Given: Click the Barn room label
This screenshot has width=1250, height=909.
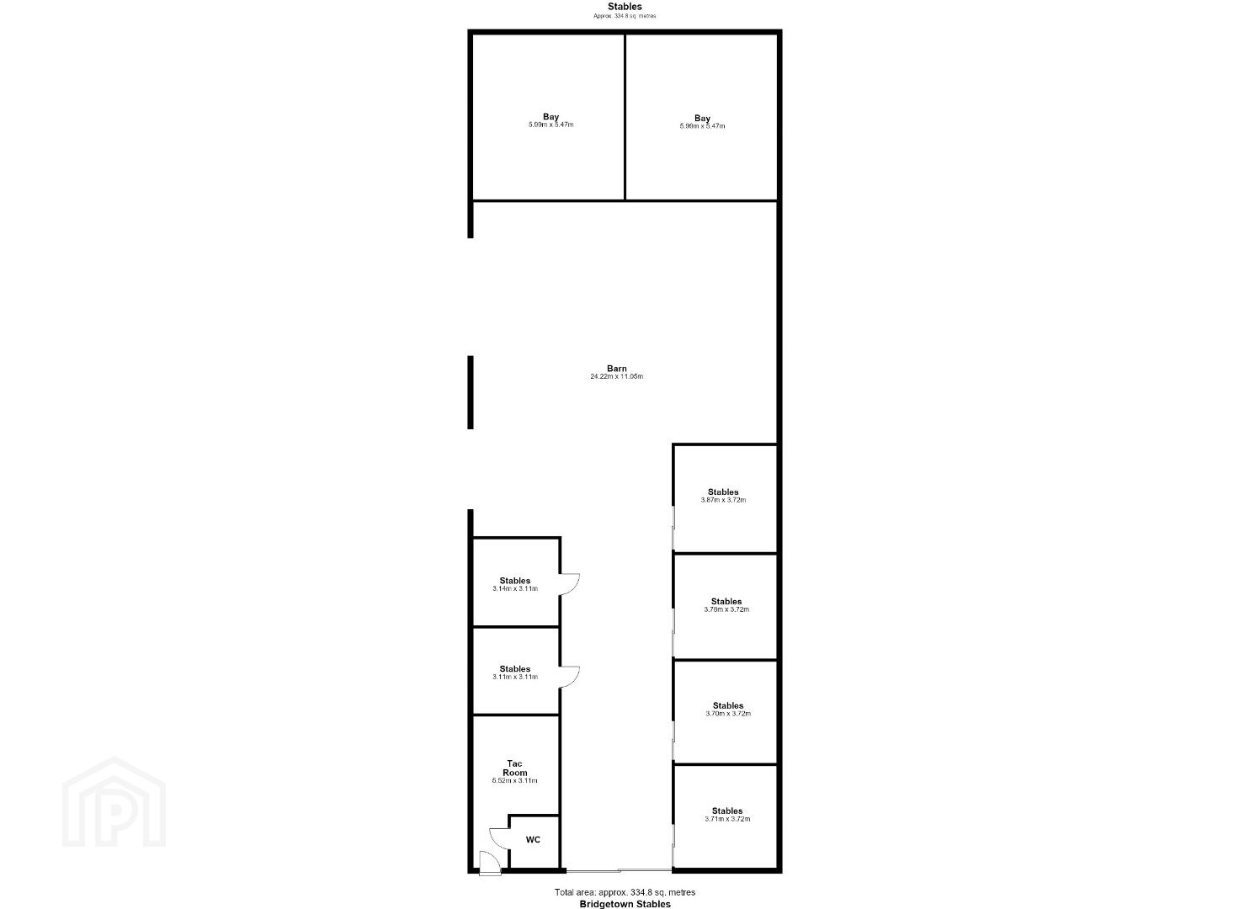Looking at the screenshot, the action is (x=617, y=369).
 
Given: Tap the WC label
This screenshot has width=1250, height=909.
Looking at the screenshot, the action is (x=533, y=839).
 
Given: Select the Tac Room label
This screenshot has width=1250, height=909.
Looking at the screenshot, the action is (x=514, y=768).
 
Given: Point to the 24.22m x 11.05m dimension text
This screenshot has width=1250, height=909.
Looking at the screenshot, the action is (x=617, y=377).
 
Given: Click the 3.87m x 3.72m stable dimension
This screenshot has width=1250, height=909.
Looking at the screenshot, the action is (x=723, y=500).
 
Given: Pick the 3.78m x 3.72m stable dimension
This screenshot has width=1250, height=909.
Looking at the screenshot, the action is (x=726, y=609).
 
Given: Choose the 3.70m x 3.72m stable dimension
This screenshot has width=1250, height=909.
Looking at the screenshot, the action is (x=728, y=713).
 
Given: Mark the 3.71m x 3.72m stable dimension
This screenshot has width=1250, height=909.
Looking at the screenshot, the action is (x=727, y=819).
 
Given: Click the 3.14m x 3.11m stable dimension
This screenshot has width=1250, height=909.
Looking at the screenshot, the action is (x=515, y=588).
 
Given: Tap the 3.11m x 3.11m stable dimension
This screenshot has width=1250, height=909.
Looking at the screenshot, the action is (x=515, y=677).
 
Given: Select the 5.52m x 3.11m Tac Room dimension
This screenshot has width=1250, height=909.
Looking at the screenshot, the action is (x=514, y=781).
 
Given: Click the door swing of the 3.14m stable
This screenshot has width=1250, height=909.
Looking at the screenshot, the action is (x=575, y=588).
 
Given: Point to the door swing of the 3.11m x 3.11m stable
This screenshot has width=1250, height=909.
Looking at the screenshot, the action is (x=575, y=679).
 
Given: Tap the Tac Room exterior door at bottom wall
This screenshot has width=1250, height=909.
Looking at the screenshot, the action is (x=490, y=863).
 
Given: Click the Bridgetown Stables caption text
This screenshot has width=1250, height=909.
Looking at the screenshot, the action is (x=625, y=904).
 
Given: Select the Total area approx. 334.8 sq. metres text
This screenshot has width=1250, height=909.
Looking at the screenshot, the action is (x=625, y=892).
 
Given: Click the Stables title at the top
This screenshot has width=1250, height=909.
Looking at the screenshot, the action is (x=625, y=7).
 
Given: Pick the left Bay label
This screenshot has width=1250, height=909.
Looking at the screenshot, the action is (x=551, y=117).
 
